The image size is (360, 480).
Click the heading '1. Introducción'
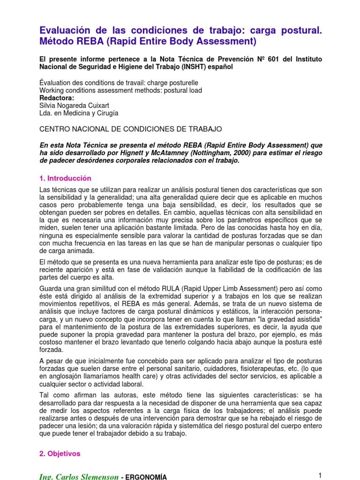click(65, 179)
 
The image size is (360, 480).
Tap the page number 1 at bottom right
click(320, 475)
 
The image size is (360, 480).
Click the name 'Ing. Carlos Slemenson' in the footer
click(79, 477)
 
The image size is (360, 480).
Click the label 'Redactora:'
click(57, 98)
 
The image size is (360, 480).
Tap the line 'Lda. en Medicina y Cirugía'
click(79, 113)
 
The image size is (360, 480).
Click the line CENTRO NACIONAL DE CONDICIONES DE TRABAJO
click(131, 128)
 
